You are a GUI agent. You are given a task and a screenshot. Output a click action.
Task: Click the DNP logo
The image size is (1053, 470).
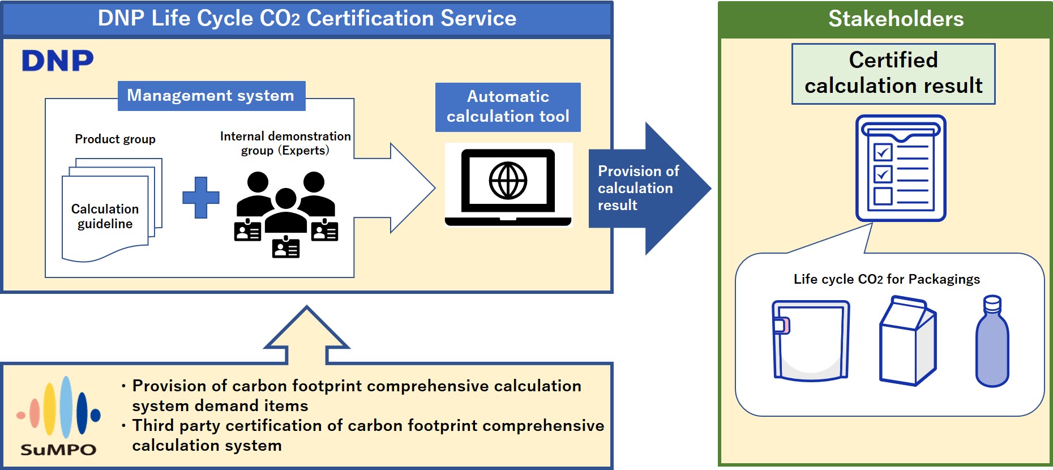coord(58,61)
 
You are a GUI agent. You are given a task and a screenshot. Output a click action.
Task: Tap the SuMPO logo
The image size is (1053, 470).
coord(58,416)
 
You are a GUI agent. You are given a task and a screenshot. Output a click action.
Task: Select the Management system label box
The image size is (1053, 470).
coord(211,96)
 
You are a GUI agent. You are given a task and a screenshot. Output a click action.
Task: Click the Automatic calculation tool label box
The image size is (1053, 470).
coord(508,107)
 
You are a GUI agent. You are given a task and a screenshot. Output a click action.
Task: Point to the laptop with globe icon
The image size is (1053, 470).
coord(508,185)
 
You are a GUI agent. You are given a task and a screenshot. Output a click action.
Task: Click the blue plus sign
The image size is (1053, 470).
coord(200,198)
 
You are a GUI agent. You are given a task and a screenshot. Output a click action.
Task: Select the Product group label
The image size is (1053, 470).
coord(115,139)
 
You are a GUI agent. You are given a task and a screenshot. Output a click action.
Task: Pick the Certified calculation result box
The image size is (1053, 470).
coord(893,74)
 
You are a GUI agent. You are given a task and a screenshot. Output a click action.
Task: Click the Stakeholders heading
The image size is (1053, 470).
coord(896,19)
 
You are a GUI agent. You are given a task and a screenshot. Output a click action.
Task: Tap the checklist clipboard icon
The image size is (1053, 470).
coord(900,168)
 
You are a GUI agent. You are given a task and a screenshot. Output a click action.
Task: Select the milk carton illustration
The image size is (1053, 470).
coord(908,341)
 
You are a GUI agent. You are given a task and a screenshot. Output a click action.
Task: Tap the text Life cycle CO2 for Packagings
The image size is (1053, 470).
coord(886,279)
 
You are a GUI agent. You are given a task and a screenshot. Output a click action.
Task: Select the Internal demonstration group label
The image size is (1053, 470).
coord(285,143)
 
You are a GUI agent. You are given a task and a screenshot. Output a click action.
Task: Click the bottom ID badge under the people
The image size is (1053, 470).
coord(286,247)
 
